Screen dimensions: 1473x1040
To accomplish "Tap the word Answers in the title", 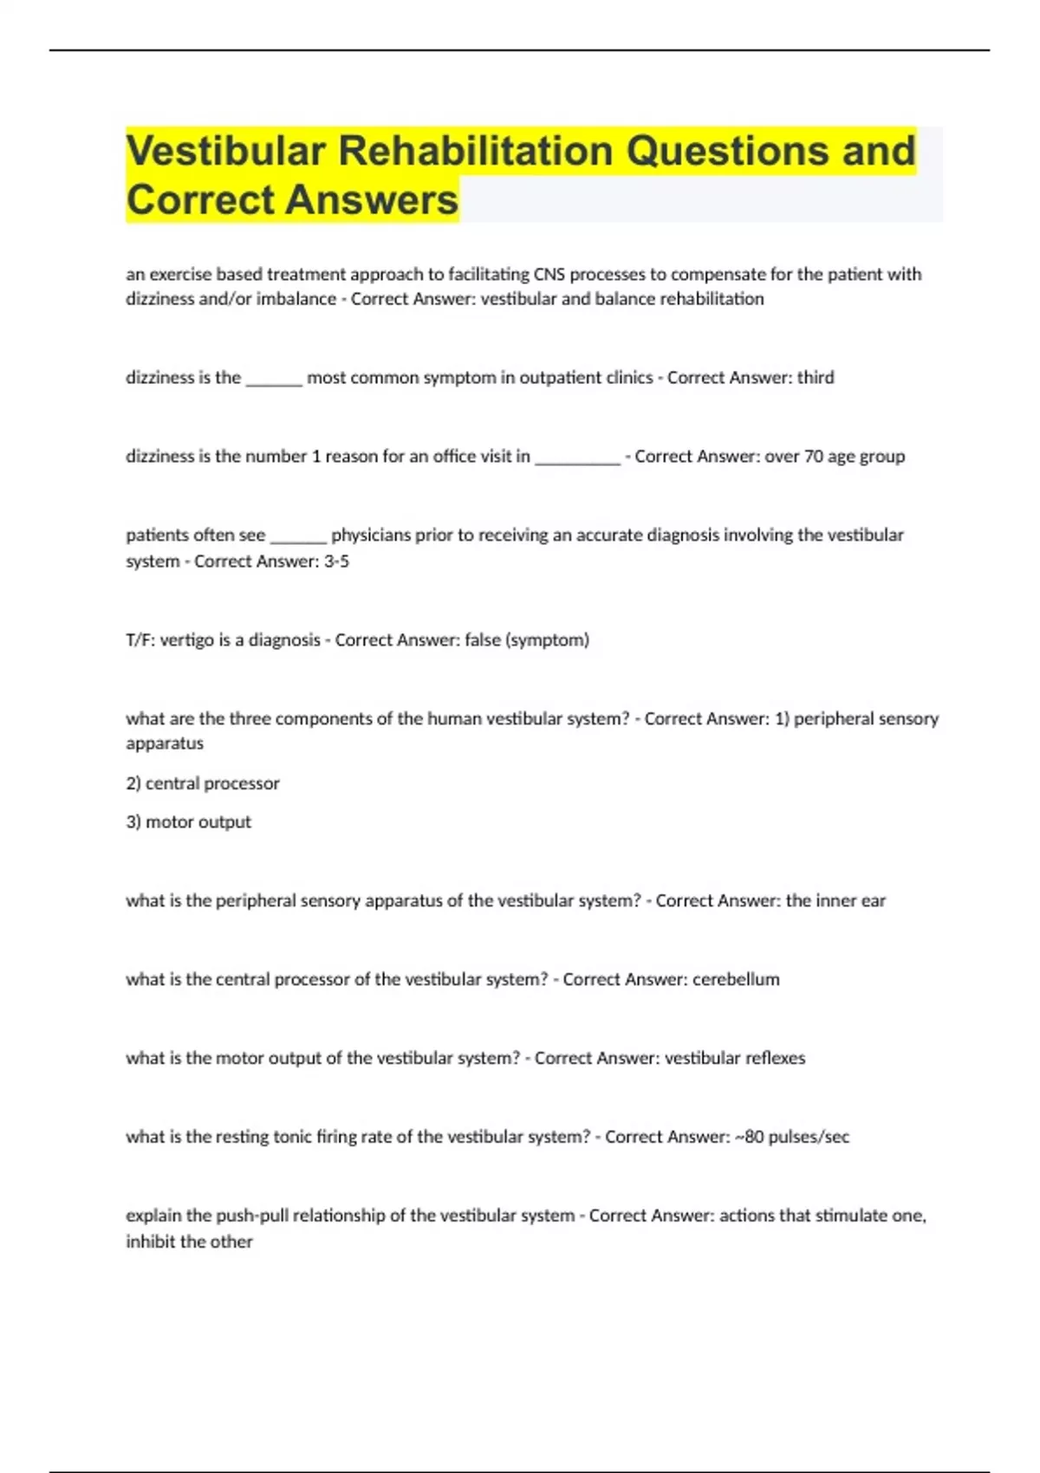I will (372, 200).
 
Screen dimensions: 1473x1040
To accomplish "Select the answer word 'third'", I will (816, 378).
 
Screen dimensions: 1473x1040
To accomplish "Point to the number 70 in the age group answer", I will (814, 457).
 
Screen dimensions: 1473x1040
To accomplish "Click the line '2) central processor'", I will (203, 783).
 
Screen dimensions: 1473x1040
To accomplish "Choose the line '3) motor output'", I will (189, 822).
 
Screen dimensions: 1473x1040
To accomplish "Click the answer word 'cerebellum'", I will (736, 980).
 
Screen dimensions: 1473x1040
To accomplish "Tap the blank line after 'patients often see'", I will (298, 537).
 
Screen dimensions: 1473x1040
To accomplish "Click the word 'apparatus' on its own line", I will (165, 743).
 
